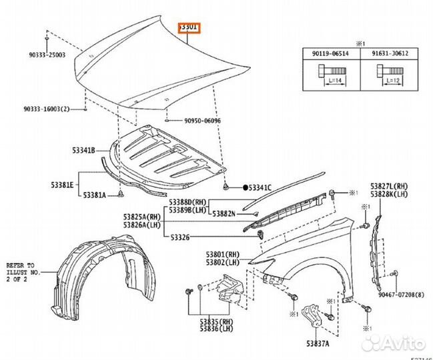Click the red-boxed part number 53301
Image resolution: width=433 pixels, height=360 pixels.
coord(190,27)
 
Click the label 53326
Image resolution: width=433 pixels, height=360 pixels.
coord(180,237)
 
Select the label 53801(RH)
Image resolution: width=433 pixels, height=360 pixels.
coord(222,254)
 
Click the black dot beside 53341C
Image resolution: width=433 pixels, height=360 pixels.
coord(246,188)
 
